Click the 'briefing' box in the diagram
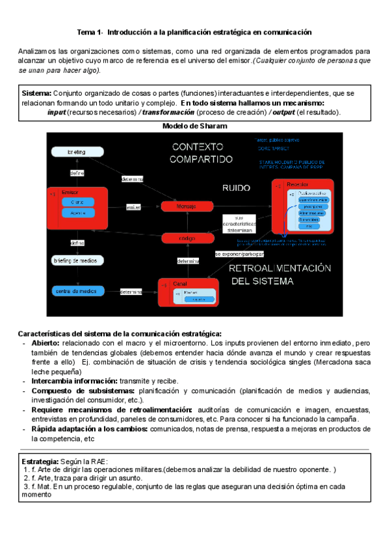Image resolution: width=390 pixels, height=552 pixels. (x=77, y=152)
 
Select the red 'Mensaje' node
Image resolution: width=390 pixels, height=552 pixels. (x=187, y=206)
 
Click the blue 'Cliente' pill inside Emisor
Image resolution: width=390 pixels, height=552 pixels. (x=78, y=202)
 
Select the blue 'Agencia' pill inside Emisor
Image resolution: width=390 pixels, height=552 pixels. (x=78, y=213)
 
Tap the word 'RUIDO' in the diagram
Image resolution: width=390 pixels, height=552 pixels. (x=237, y=187)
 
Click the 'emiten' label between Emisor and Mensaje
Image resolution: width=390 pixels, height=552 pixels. (x=134, y=207)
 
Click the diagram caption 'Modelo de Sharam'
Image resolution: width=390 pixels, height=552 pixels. (x=194, y=127)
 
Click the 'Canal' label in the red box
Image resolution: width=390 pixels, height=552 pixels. (x=179, y=284)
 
